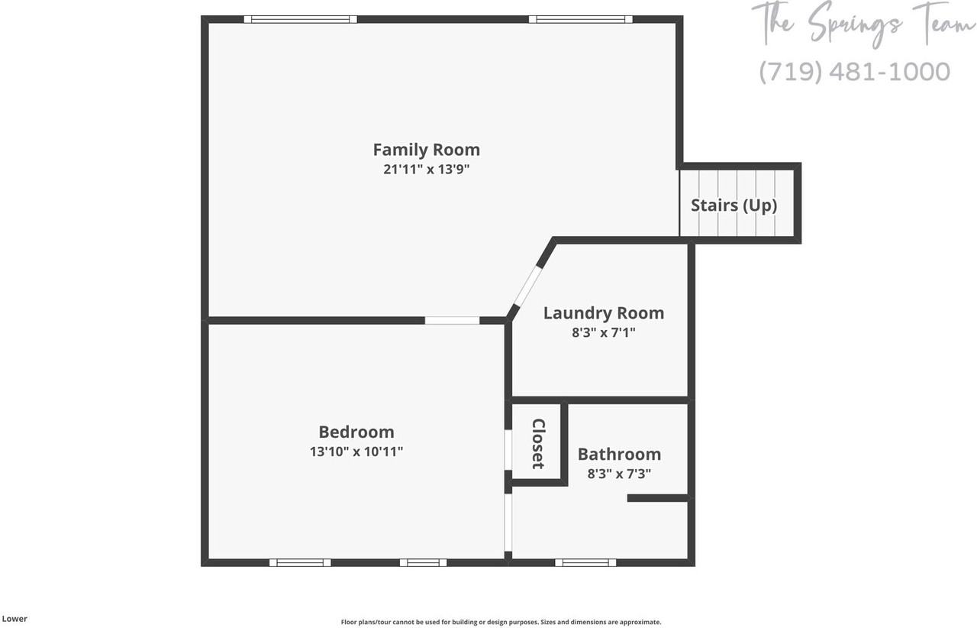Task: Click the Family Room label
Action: tap(426, 149)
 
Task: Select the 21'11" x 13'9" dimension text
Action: tap(426, 170)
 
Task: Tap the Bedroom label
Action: tap(356, 432)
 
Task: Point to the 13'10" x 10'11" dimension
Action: tap(356, 452)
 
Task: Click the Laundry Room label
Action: tap(603, 312)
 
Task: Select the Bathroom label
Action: tap(619, 454)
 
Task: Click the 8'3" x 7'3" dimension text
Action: tap(618, 474)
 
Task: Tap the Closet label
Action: tap(537, 443)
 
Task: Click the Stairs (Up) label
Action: tap(734, 205)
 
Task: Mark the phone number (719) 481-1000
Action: tap(854, 72)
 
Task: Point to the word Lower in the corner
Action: tap(14, 619)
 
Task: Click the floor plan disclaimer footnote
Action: tap(501, 622)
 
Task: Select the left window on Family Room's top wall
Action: tap(300, 19)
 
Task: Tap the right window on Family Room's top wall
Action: tap(580, 19)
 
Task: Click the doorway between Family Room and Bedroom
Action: tap(452, 320)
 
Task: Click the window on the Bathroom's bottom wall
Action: tap(585, 562)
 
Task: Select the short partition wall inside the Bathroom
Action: tap(658, 498)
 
